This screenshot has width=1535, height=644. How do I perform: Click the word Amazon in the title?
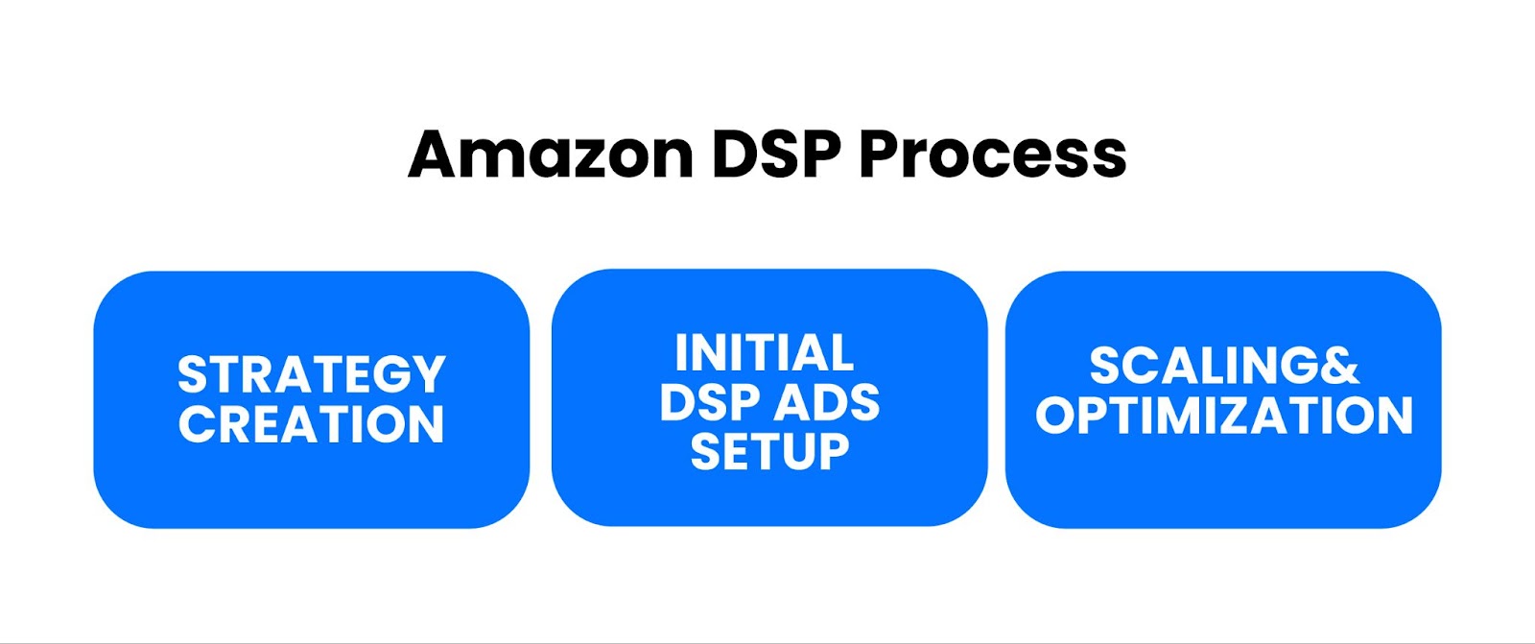pyautogui.click(x=550, y=155)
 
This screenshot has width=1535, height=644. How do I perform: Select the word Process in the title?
pyautogui.click(x=992, y=155)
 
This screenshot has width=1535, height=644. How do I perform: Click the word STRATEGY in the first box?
pyautogui.click(x=312, y=374)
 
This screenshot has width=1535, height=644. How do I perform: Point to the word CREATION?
pyautogui.click(x=312, y=424)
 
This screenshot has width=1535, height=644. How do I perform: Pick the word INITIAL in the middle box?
pyautogui.click(x=765, y=353)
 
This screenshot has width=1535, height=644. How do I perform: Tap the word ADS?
pyautogui.click(x=827, y=402)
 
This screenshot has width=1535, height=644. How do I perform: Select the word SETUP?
pyautogui.click(x=769, y=451)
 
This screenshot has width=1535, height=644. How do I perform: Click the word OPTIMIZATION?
pyautogui.click(x=1224, y=416)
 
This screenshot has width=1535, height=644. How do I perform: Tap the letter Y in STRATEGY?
pyautogui.click(x=427, y=374)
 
